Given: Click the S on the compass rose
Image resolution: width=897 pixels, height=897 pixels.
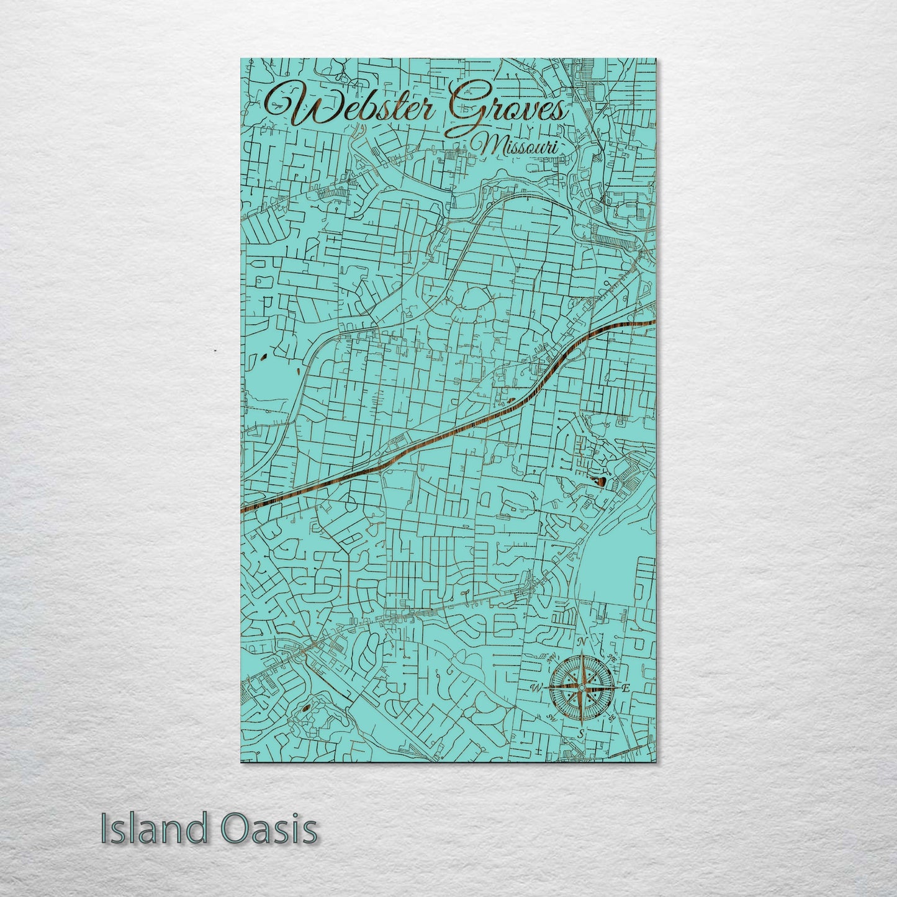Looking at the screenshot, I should point(580,734).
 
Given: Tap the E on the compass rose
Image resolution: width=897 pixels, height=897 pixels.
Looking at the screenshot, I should point(626,688).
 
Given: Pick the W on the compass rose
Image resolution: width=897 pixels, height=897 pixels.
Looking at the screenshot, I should point(534,688).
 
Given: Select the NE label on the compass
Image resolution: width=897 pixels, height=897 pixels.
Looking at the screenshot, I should point(611,658).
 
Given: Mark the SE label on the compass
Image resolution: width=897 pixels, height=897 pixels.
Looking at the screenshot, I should point(611,718).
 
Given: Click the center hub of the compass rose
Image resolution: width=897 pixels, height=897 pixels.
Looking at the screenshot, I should point(580,688).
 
